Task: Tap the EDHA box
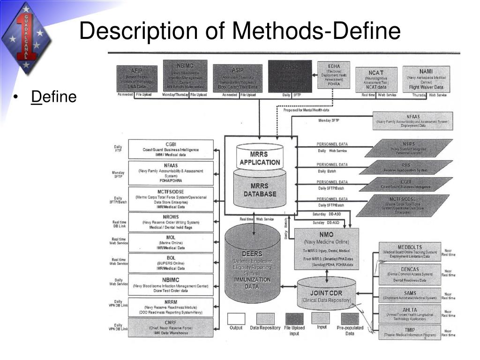334,75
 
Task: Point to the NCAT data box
376,80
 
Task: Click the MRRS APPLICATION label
260,158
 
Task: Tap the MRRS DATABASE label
260,190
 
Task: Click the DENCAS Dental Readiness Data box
410,275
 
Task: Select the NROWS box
171,222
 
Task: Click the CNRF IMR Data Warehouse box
171,327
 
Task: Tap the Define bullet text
53,97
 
